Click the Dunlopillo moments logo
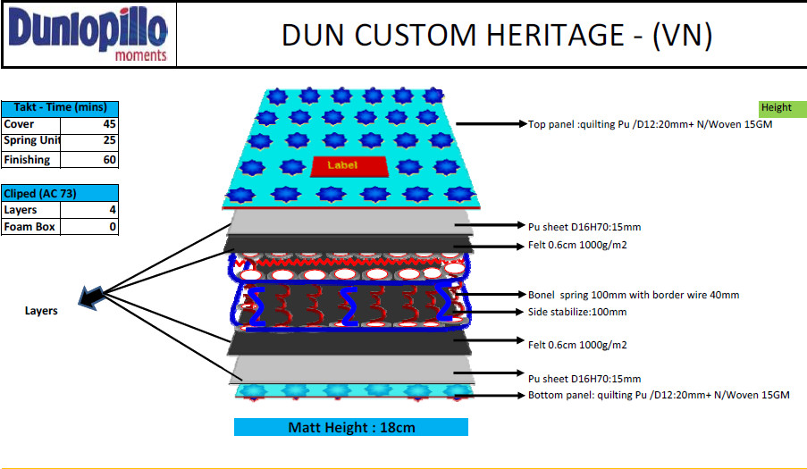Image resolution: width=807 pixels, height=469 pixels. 88,35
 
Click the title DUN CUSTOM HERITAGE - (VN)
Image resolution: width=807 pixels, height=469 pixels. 496,35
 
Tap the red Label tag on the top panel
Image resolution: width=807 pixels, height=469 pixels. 342,165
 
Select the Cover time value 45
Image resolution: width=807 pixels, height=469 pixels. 109,125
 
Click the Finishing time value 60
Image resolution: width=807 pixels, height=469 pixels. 109,160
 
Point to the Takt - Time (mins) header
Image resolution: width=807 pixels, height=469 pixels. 59,107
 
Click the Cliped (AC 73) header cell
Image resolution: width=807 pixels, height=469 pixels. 59,193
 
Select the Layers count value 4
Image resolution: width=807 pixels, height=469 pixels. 113,210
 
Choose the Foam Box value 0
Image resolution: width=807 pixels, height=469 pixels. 113,227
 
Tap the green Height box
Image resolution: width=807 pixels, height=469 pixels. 777,108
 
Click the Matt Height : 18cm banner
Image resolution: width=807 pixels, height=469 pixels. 351,427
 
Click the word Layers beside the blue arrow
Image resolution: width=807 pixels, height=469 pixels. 41,311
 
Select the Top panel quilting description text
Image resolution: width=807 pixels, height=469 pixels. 650,125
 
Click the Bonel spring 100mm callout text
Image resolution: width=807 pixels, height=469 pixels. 634,295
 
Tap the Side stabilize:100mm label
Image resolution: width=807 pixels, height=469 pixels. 577,312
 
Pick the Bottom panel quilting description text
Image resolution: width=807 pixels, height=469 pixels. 659,395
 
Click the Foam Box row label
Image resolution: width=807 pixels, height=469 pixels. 29,227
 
